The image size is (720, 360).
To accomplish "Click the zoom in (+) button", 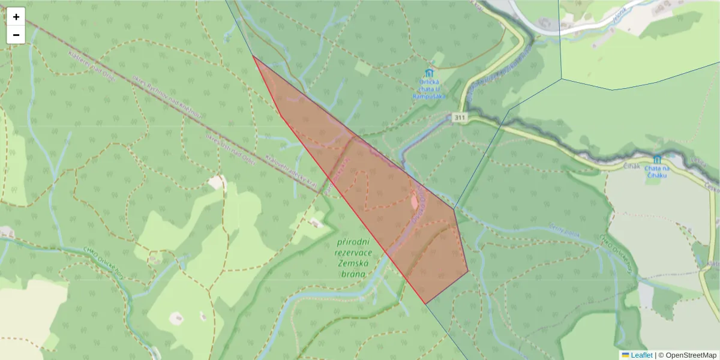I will (x=16, y=17).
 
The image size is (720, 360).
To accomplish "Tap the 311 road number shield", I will (x=460, y=118).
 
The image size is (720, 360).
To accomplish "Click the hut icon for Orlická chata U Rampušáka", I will (x=429, y=73).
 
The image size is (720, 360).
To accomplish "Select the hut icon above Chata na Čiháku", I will (x=657, y=159).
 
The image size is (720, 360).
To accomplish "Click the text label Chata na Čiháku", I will (x=657, y=172).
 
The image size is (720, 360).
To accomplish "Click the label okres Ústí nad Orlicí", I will (x=230, y=149).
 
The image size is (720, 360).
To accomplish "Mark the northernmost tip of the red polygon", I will (x=254, y=56).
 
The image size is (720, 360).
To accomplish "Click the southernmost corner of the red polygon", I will (x=425, y=304).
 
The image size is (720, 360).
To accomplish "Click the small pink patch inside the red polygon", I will (x=413, y=202).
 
